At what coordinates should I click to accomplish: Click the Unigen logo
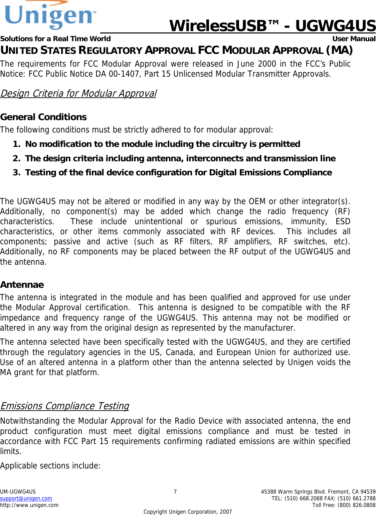click(x=50, y=15)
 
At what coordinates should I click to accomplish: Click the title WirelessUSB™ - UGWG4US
click(x=272, y=26)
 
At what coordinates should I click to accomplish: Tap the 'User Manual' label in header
click(x=354, y=39)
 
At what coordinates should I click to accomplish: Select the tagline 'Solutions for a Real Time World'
click(x=55, y=39)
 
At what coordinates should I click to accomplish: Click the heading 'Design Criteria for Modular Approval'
click(x=78, y=93)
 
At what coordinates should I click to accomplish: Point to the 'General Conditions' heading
click(x=43, y=117)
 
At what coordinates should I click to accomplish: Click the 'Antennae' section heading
click(x=22, y=285)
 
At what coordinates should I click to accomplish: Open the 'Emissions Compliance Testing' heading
click(x=64, y=406)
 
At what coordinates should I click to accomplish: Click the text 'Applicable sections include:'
click(x=50, y=466)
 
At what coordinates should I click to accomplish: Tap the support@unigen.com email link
click(x=26, y=499)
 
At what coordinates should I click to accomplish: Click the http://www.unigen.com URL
click(x=29, y=505)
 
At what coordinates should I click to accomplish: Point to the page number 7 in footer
click(x=175, y=492)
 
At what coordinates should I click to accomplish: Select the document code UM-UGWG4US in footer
click(x=18, y=492)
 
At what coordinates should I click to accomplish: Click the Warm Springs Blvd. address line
click(x=318, y=492)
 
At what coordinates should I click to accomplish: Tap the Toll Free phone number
click(x=344, y=505)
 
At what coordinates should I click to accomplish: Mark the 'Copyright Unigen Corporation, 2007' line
click(x=187, y=512)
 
